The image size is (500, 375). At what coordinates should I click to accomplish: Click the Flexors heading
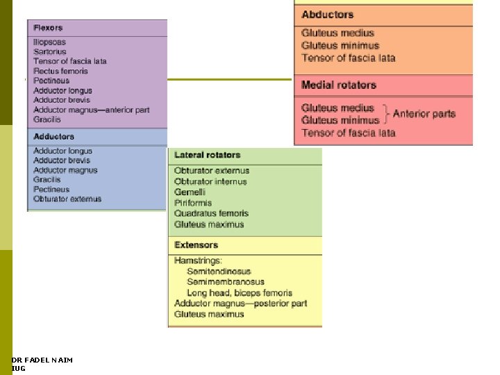coord(48,28)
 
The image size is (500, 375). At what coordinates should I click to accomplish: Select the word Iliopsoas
coord(51,42)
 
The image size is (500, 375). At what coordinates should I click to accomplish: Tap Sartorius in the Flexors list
coord(50,51)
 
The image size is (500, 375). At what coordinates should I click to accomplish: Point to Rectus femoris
coord(60,71)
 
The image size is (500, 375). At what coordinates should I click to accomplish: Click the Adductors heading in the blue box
coord(53,137)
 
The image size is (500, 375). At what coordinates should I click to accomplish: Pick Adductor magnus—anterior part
coord(91,110)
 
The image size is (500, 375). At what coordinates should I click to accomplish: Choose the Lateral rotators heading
coord(207,155)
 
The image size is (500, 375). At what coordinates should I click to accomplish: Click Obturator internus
coord(210,182)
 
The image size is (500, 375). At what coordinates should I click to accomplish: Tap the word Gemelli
coord(190,192)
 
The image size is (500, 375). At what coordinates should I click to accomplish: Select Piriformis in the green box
coord(193,203)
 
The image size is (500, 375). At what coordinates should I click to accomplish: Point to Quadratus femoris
coord(211,213)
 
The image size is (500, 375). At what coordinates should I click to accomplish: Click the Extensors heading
coord(196,245)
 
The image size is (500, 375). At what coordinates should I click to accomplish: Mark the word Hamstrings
coord(198,260)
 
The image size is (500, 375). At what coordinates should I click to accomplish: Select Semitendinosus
coord(219,272)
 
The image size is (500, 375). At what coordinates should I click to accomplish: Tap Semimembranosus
coord(225,282)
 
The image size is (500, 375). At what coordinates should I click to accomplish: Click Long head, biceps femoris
coord(240,293)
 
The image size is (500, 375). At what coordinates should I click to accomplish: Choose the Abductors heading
coord(327,15)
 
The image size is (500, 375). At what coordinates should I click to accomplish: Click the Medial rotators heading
coord(339,85)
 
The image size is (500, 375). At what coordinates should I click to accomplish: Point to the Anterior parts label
coord(424,113)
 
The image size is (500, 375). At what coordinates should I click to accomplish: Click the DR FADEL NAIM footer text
coord(42,360)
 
